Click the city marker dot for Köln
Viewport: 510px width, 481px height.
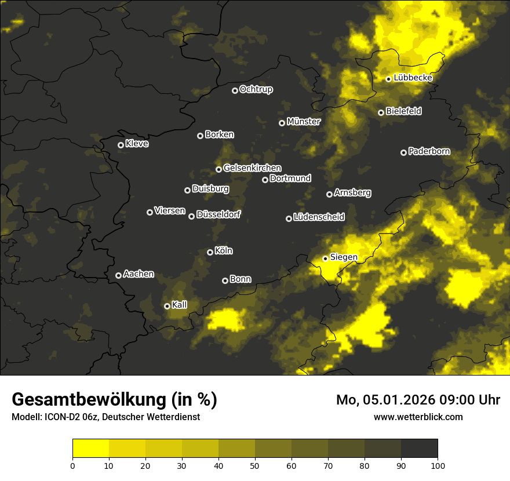(x=210, y=252)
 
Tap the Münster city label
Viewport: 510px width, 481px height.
(x=304, y=122)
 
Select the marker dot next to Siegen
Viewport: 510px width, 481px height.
(x=325, y=258)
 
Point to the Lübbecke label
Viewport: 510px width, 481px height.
(x=413, y=78)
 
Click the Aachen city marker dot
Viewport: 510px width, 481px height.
(x=118, y=275)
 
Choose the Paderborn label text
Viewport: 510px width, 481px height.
(x=429, y=151)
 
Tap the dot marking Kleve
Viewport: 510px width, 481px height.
(x=121, y=145)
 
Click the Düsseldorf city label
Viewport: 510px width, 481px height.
(x=218, y=214)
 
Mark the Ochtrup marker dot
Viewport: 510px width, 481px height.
(x=235, y=90)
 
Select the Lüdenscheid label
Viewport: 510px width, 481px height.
(x=319, y=217)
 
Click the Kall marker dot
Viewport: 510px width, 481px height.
(x=167, y=306)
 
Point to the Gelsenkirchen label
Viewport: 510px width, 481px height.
(x=252, y=168)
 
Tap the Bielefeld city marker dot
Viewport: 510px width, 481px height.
(x=381, y=112)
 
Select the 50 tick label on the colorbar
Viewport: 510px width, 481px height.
(x=255, y=465)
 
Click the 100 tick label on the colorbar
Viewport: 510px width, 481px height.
(x=438, y=465)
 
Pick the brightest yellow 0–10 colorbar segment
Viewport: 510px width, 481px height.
(x=90, y=448)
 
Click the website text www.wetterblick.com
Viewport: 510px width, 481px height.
(x=418, y=417)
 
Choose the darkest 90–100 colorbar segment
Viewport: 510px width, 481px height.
(x=419, y=448)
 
